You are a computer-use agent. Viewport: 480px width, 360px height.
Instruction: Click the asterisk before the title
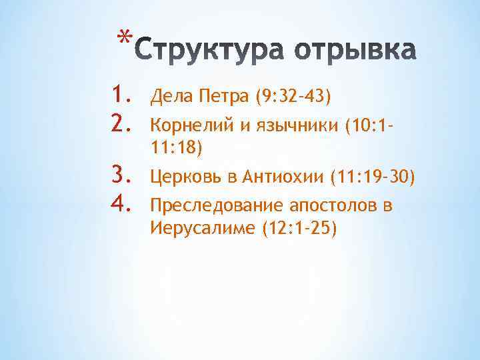(x=121, y=35)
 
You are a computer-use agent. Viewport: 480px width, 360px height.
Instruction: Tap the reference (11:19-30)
(x=368, y=177)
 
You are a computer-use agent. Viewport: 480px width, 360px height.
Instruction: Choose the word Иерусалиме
(x=204, y=229)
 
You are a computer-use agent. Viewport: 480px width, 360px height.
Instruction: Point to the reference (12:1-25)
(x=300, y=229)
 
